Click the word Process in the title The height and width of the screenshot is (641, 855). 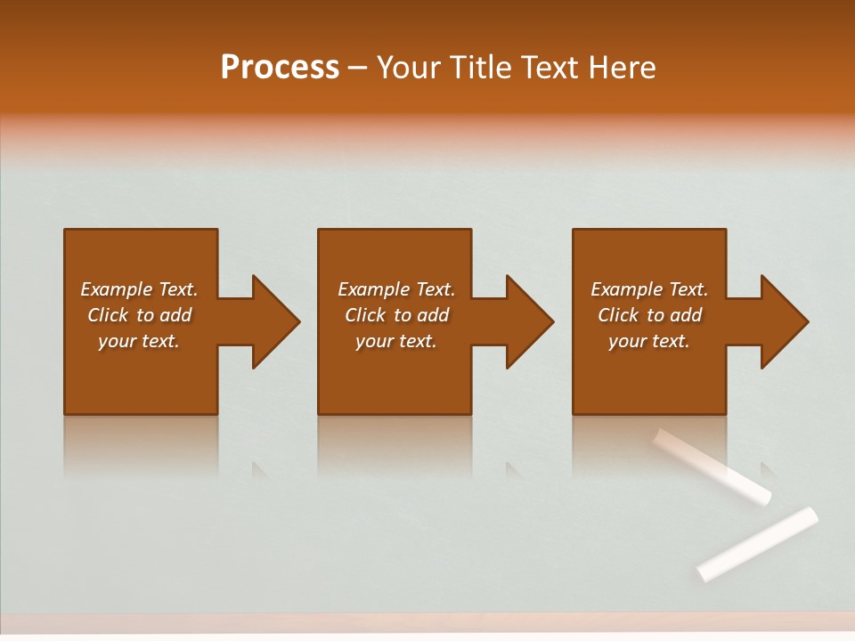(280, 68)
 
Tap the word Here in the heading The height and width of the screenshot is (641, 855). (623, 68)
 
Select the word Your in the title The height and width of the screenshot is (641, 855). (409, 68)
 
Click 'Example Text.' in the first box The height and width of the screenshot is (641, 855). (139, 289)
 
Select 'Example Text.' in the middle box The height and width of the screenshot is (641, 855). (396, 289)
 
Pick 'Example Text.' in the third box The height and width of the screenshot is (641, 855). (649, 289)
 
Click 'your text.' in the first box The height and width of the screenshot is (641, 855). (139, 341)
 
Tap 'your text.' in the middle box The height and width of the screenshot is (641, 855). (396, 341)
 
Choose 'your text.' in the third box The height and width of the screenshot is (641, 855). (649, 341)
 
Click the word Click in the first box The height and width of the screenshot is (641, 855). (108, 315)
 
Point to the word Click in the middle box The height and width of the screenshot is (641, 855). (365, 315)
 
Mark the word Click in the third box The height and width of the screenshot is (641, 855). (618, 315)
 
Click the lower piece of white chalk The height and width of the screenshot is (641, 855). (757, 543)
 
